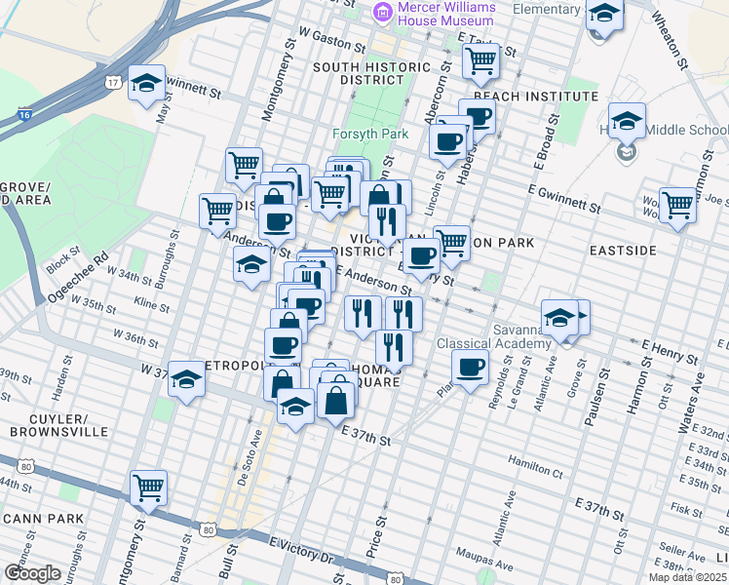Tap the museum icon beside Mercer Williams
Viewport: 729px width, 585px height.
click(382, 12)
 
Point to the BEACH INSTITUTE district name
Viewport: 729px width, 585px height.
click(535, 97)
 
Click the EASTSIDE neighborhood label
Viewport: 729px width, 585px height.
click(623, 251)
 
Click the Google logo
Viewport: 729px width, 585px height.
click(32, 573)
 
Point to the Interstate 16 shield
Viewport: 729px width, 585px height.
click(23, 116)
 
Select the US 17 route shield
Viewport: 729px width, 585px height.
click(114, 83)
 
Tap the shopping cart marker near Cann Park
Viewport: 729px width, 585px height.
click(148, 487)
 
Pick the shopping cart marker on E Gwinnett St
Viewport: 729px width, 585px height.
click(677, 205)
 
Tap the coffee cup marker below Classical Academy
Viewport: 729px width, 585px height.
click(470, 368)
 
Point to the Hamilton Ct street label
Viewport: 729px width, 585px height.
click(535, 460)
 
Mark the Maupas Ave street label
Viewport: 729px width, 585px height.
click(515, 565)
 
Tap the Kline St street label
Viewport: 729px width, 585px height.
click(152, 306)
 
